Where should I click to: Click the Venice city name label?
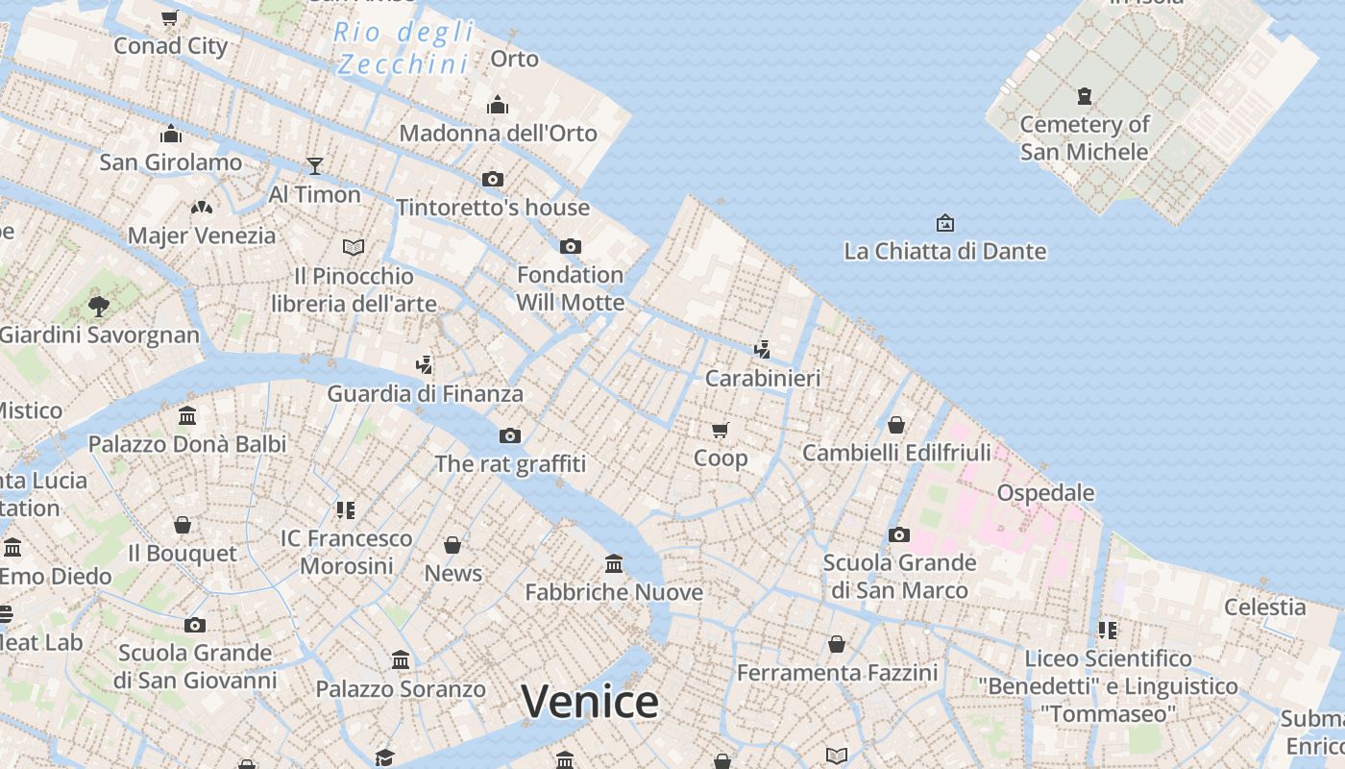590,701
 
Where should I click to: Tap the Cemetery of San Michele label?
1085,138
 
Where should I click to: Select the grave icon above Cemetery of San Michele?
1085,96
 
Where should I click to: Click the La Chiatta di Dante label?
944,252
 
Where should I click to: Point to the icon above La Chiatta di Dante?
944,223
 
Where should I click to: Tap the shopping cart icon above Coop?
721,430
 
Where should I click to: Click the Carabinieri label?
763,379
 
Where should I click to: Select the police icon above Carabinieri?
762,349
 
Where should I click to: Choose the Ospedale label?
1045,493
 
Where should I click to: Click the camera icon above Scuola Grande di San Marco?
899,534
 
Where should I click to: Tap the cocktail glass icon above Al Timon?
314,166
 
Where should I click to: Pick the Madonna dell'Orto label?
498,134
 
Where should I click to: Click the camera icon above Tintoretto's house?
493,179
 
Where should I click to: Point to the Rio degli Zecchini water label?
403,48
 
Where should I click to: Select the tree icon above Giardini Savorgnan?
98,307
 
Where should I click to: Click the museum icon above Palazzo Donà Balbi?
187,416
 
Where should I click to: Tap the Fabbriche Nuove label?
614,592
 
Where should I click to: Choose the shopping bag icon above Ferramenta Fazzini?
837,644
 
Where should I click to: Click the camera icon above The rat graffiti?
510,435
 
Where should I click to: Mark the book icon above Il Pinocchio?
354,247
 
